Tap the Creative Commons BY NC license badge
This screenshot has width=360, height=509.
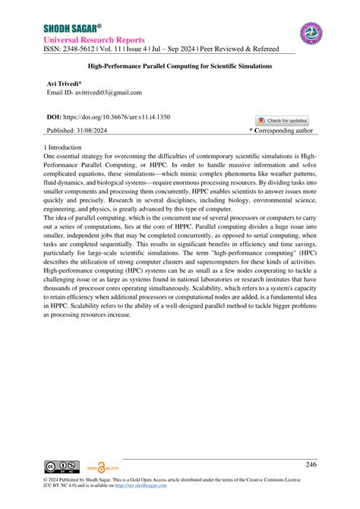pyautogui.click(x=62, y=466)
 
